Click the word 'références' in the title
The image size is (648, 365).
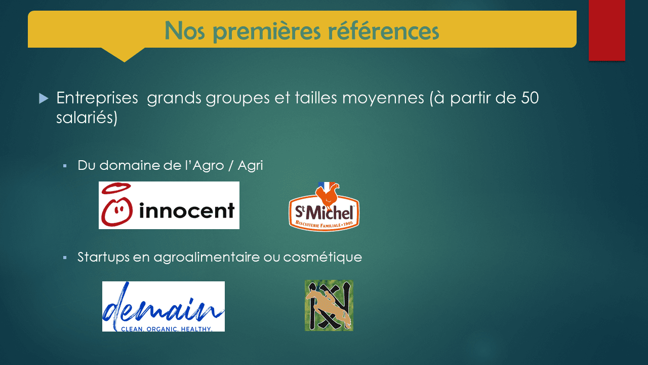383,30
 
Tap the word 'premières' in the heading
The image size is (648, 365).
267,31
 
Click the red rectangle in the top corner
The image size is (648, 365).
607,30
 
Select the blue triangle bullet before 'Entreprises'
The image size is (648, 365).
44,98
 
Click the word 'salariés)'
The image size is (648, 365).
87,118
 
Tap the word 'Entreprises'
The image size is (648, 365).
97,98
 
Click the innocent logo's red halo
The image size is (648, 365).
116,188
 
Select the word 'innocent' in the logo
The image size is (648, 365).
187,210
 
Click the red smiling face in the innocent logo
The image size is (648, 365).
116,212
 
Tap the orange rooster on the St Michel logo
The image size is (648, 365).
327,195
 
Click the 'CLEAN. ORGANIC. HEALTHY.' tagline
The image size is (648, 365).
167,329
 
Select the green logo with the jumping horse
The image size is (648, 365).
329,305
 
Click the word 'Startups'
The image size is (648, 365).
103,257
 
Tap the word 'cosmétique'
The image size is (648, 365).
322,257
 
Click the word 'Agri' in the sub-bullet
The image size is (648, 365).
250,166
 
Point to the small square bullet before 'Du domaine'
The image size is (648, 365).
65,166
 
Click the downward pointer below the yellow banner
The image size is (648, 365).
125,55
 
